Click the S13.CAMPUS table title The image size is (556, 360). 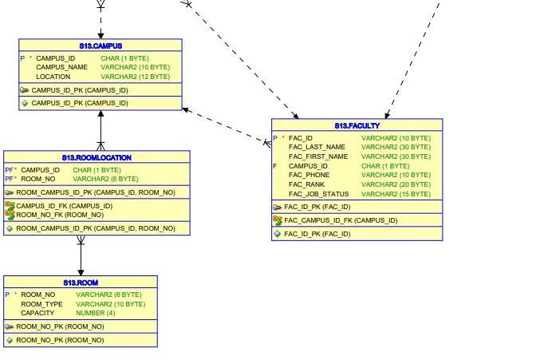[x=101, y=46]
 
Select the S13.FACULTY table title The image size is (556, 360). [x=357, y=126]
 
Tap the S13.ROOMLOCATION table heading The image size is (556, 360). [x=97, y=158]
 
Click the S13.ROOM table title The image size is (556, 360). [x=81, y=283]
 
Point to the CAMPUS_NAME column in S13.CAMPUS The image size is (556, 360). [x=61, y=68]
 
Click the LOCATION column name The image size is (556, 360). [x=53, y=77]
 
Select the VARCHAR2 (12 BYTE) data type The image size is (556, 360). [x=135, y=77]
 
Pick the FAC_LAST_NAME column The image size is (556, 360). [x=317, y=148]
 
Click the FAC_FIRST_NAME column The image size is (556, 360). [x=318, y=157]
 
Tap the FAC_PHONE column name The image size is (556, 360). [x=309, y=176]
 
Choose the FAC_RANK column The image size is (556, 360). [x=306, y=185]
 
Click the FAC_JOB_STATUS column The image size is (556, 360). [x=318, y=195]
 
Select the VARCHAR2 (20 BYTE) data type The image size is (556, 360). [x=396, y=185]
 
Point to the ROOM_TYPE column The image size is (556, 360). [x=41, y=304]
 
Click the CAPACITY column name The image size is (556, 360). [x=37, y=314]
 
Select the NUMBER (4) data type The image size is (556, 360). [x=95, y=314]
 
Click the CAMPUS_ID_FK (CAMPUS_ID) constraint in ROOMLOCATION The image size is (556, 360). [x=64, y=206]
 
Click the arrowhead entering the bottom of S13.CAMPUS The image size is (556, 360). [x=101, y=115]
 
